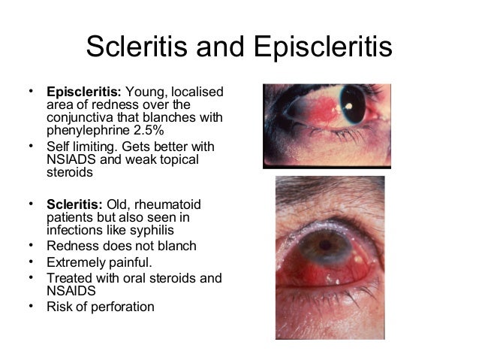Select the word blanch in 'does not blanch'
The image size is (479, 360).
pos(173,246)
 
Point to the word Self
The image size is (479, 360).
pos(58,145)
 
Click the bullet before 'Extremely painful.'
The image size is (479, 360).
pos(31,261)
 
